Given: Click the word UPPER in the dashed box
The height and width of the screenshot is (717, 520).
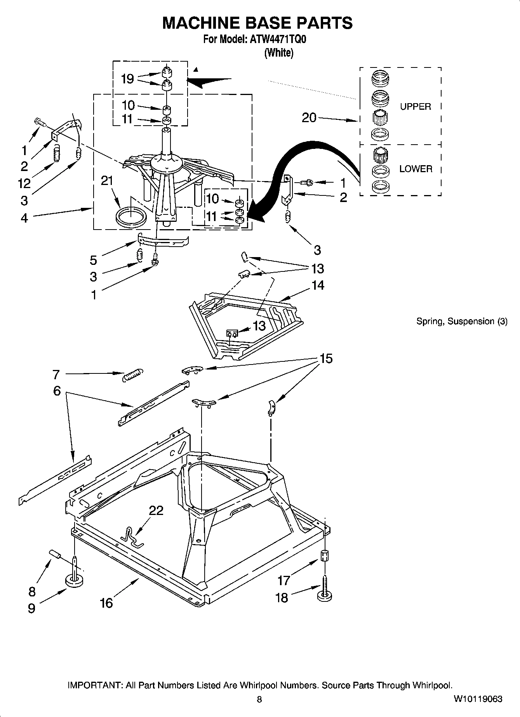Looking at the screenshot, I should click(416, 107).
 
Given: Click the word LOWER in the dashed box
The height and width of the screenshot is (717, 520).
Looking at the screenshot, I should click(416, 169).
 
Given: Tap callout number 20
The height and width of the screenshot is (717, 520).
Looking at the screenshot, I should click(309, 117).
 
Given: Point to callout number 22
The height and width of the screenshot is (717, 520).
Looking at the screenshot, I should click(156, 510).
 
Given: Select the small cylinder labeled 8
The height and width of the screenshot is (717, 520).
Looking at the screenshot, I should click(55, 555).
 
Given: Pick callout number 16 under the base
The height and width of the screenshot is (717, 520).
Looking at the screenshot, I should click(106, 603).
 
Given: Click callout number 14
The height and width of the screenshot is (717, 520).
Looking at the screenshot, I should click(318, 285).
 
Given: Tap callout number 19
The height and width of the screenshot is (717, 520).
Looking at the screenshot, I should click(127, 79).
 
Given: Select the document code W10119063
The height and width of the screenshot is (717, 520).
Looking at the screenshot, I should click(478, 699).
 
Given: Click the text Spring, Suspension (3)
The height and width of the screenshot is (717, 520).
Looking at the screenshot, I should click(461, 321).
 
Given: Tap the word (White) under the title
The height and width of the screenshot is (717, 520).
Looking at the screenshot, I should click(278, 53).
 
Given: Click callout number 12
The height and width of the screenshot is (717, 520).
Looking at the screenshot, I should click(24, 183).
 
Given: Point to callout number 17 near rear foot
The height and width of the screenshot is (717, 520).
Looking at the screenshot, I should click(284, 581).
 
